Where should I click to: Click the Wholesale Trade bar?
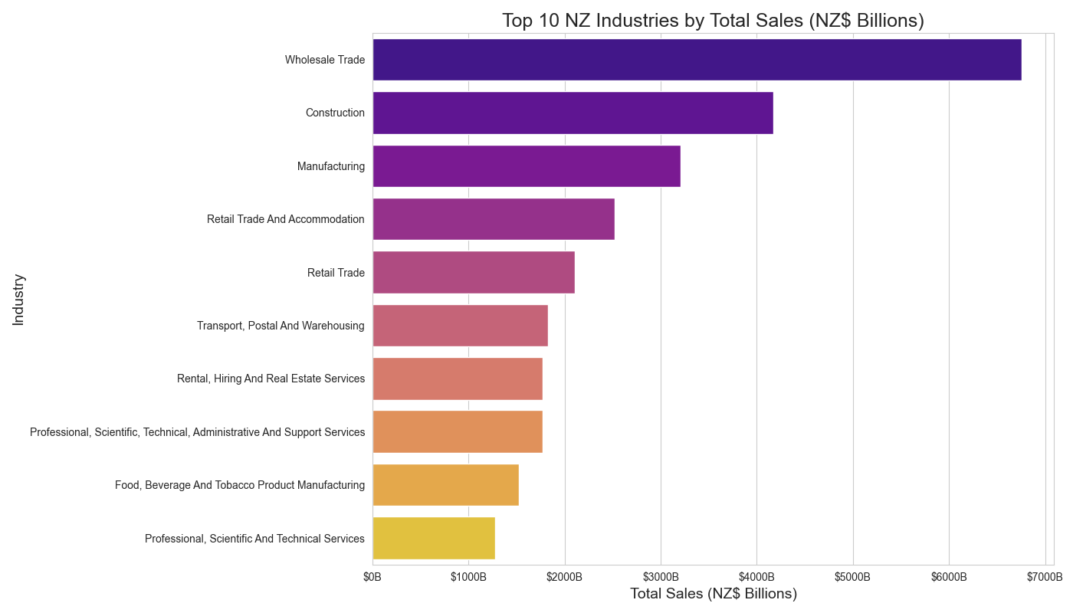click(697, 60)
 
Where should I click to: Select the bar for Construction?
click(573, 113)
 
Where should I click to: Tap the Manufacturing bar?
click(527, 166)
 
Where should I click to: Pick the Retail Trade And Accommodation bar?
click(494, 219)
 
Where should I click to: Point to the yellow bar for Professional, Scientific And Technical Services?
click(434, 539)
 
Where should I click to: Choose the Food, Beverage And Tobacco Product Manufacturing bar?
click(445, 485)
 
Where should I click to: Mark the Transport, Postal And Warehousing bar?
click(460, 326)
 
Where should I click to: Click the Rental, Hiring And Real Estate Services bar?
click(458, 379)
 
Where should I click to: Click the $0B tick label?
click(372, 576)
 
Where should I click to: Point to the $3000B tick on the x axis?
click(661, 576)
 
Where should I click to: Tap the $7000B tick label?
click(1045, 576)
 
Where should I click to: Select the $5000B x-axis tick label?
click(853, 576)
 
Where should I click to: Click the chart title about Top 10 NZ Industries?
click(713, 21)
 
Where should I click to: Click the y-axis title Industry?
click(19, 300)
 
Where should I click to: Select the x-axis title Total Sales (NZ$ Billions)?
click(713, 594)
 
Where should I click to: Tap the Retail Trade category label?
click(336, 273)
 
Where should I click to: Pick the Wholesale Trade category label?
click(325, 60)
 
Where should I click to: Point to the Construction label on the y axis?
click(335, 113)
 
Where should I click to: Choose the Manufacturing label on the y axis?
click(331, 166)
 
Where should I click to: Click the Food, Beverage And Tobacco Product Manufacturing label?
click(240, 485)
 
